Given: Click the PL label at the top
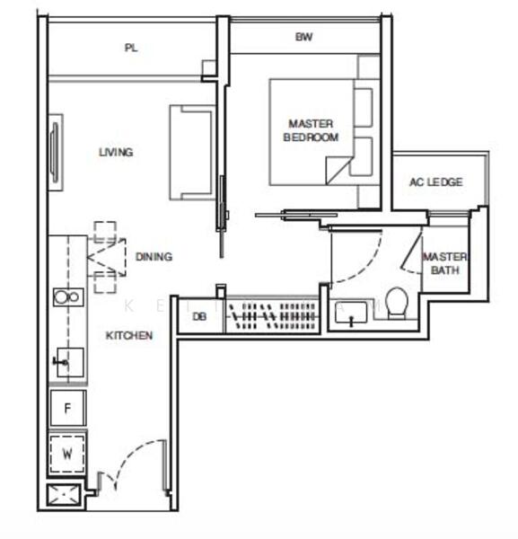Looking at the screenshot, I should (x=132, y=49).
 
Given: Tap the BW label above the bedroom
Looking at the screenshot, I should (x=303, y=37).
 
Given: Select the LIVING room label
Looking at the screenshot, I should (x=116, y=152).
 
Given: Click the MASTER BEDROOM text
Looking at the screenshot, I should (x=311, y=130).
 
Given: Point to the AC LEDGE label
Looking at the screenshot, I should (x=435, y=182).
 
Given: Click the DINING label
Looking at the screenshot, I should (x=154, y=257).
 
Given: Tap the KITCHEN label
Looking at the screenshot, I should (x=129, y=335).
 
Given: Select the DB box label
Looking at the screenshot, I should (x=199, y=316).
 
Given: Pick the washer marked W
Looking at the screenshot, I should (x=67, y=454).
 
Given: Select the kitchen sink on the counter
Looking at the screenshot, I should (x=65, y=363).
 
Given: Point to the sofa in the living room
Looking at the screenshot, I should (x=192, y=153).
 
